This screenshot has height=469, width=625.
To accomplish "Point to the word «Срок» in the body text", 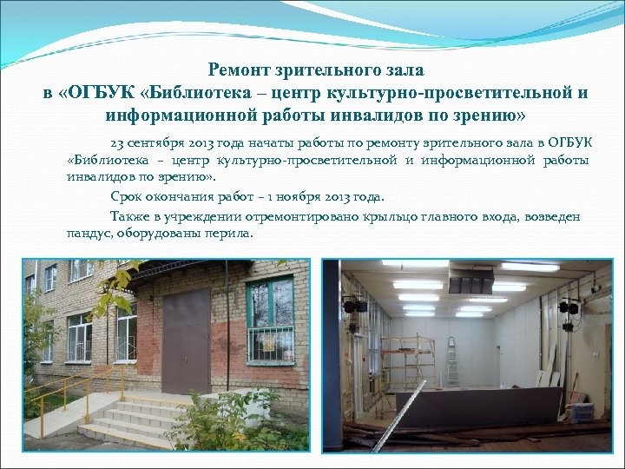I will click(127, 196).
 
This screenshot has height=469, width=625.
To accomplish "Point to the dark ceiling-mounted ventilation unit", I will click(469, 280).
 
